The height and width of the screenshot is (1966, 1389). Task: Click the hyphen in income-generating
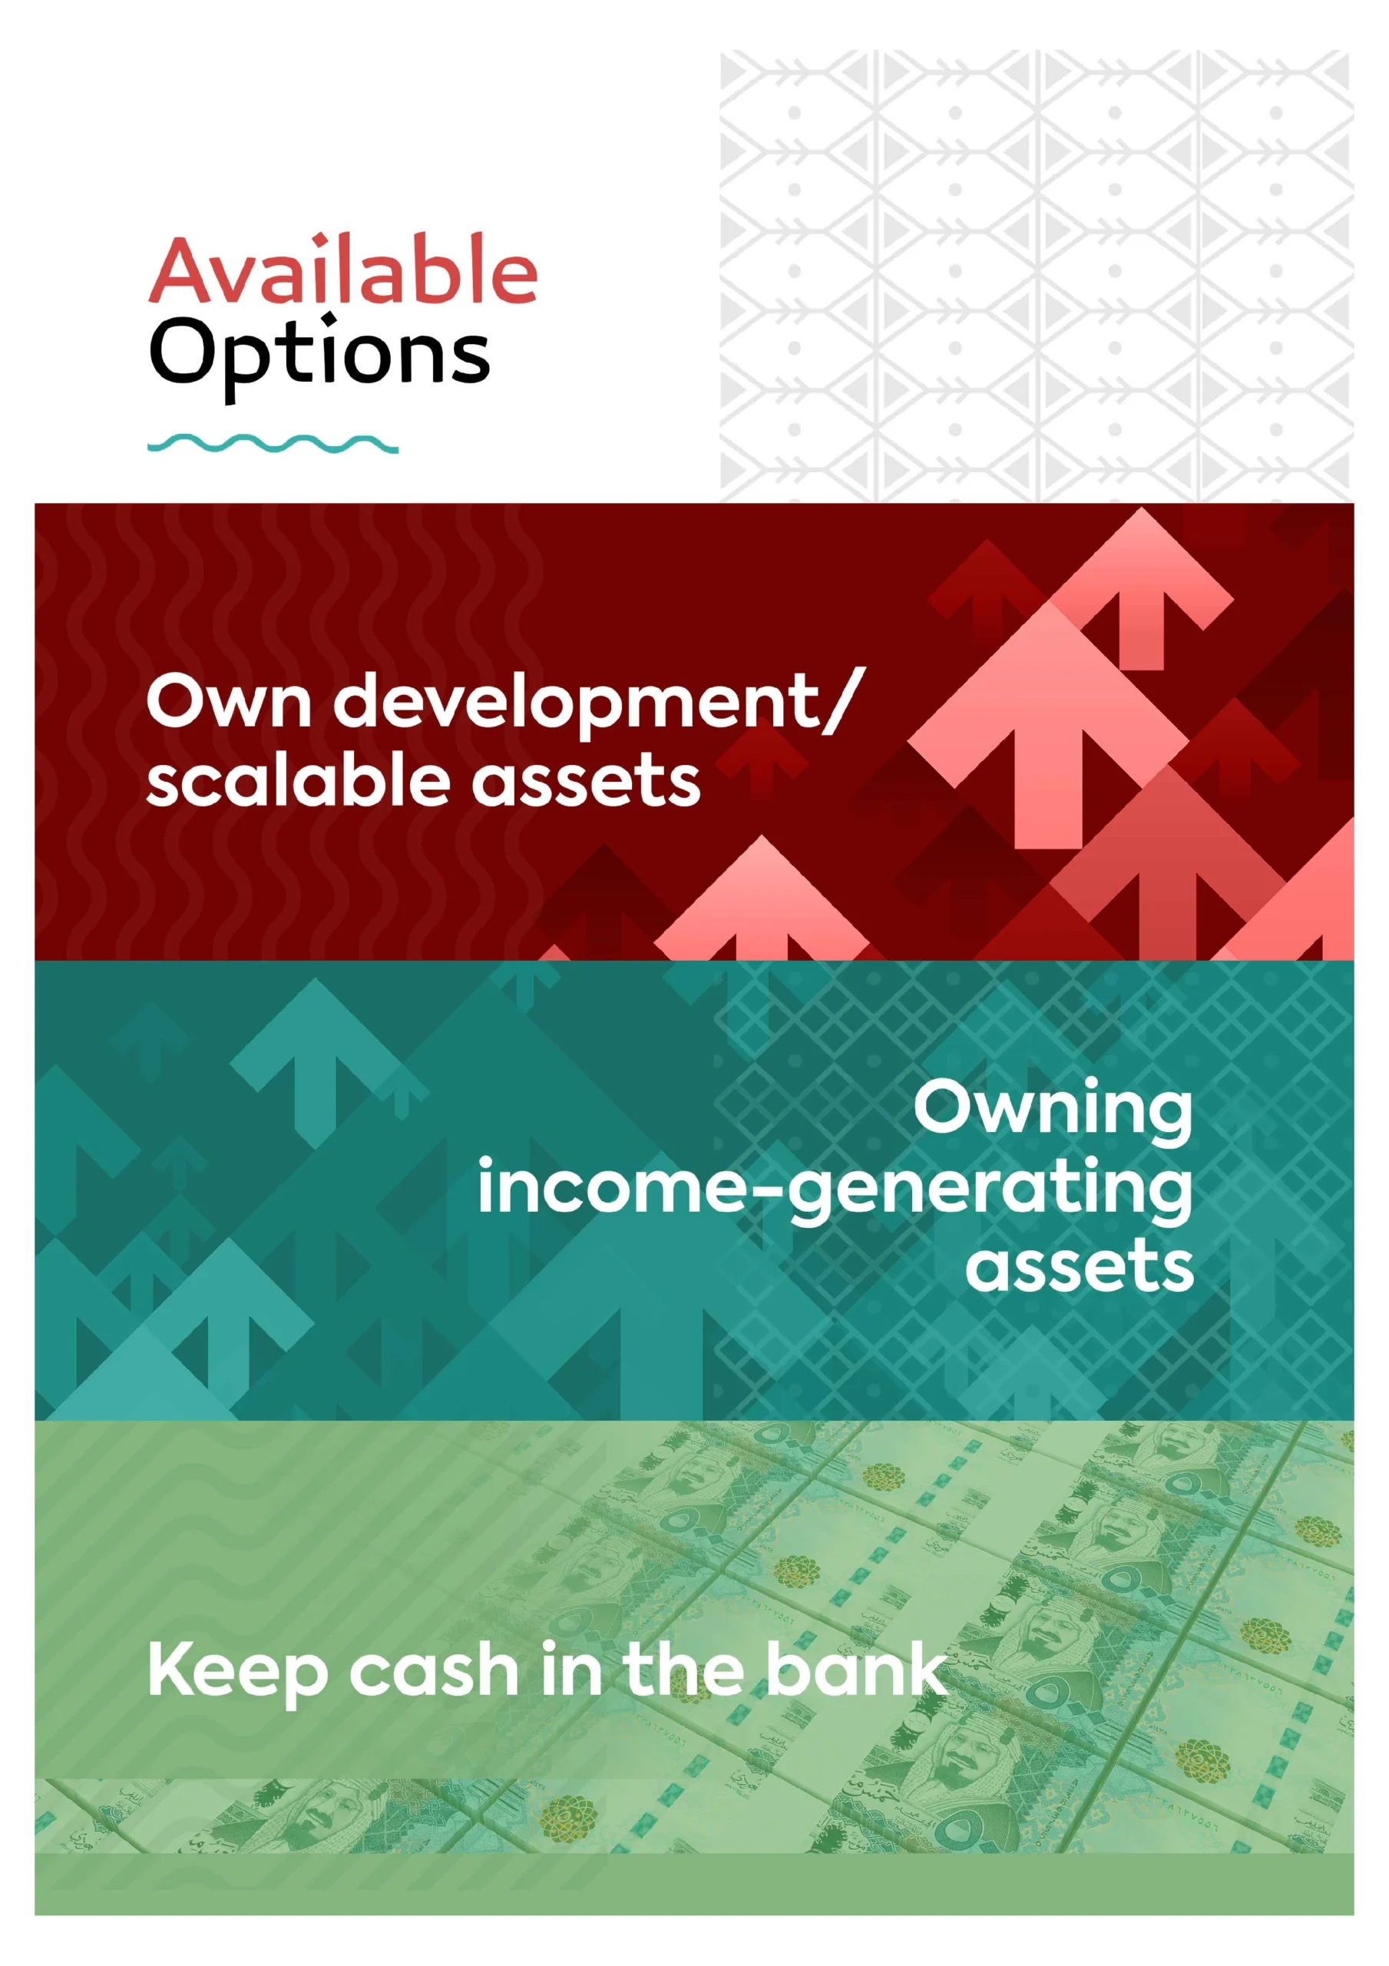(767, 1191)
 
